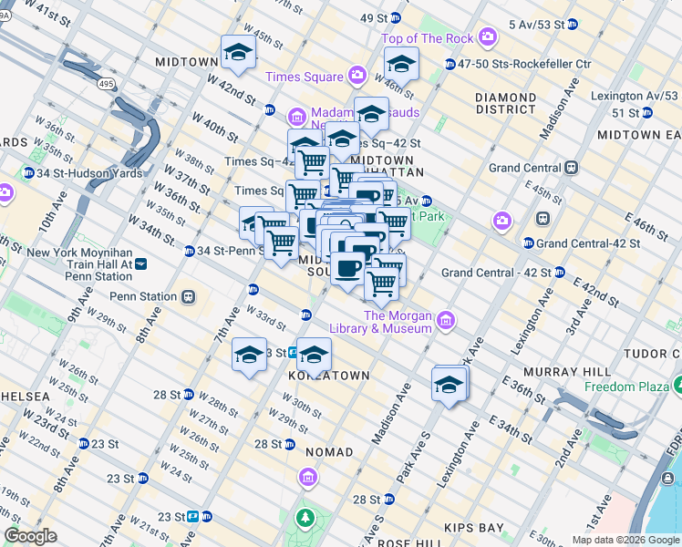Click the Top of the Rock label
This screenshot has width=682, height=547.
[x=428, y=38]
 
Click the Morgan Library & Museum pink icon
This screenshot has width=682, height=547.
[x=446, y=320]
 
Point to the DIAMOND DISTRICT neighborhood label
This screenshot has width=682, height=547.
[x=506, y=104]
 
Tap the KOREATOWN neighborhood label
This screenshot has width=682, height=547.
[x=328, y=376]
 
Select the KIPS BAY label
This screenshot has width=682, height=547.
[x=473, y=528]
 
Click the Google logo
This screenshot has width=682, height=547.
[x=31, y=536]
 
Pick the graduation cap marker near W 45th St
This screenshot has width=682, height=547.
[x=238, y=53]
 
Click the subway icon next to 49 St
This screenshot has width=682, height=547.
[x=395, y=18]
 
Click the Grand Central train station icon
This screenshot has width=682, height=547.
[x=572, y=168]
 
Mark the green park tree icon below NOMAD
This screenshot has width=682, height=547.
[x=303, y=518]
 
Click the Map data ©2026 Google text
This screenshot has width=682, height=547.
[x=625, y=540]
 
